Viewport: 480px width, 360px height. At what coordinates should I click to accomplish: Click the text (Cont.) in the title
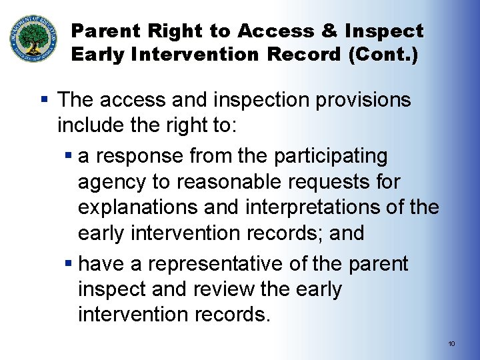click(x=383, y=55)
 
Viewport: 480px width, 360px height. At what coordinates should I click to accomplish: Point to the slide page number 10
click(x=451, y=343)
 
